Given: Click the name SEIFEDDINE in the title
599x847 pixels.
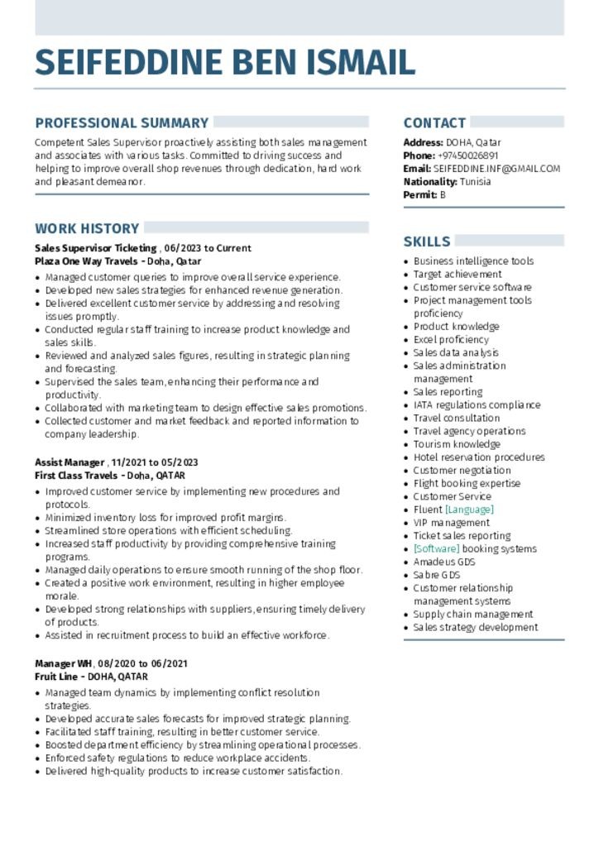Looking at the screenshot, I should [x=128, y=63].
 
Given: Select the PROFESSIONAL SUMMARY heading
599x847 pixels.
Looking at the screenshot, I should [x=122, y=123].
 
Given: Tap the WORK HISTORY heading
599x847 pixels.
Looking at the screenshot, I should [x=87, y=228].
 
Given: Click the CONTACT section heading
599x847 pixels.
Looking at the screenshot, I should [x=434, y=123].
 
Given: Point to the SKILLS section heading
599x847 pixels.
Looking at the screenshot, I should [x=427, y=242].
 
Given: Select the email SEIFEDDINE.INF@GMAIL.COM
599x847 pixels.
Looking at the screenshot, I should [x=496, y=169].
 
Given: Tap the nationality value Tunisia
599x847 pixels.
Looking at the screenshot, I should [x=475, y=182].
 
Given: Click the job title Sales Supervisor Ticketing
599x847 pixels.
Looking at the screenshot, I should [x=96, y=248].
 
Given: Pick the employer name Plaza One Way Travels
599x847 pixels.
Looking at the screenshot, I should [x=86, y=261].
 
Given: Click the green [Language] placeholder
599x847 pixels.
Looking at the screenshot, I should [x=469, y=510].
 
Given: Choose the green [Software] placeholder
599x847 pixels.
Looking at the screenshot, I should [x=436, y=549].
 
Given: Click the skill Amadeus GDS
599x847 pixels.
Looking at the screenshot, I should [x=444, y=562].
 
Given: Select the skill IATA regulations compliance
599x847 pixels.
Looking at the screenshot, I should [x=477, y=405].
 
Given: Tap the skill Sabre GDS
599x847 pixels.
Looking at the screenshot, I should [x=437, y=575].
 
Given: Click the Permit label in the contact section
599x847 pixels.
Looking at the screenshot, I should [x=419, y=195].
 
